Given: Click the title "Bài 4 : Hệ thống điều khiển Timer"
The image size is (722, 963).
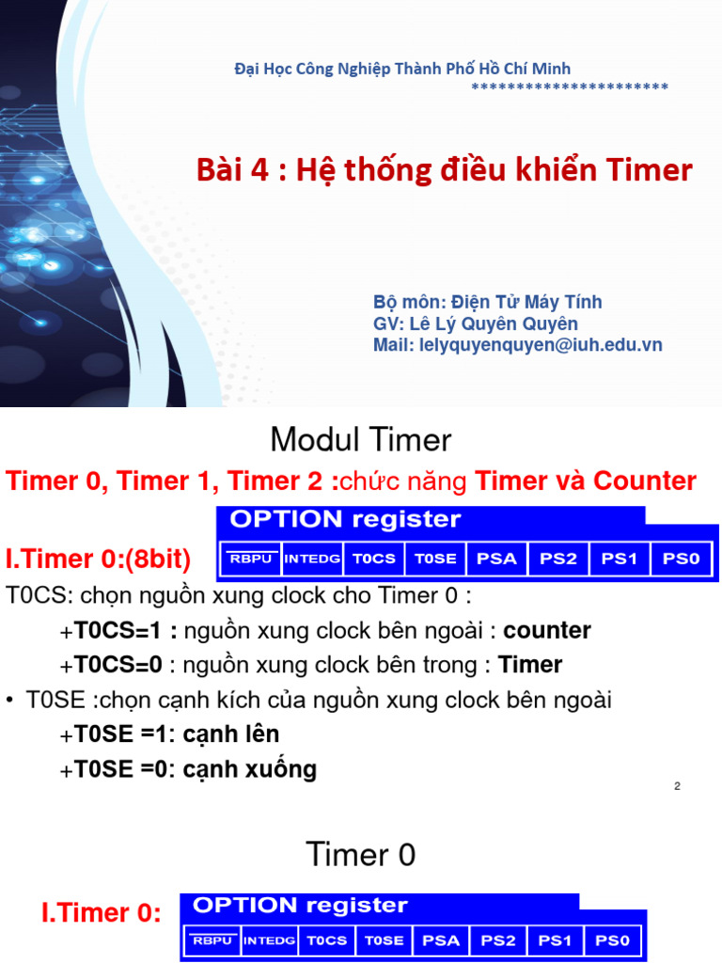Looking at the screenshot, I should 444,170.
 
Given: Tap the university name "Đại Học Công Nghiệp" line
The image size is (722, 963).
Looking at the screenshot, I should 401,69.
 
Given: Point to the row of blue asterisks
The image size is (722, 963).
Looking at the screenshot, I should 569,87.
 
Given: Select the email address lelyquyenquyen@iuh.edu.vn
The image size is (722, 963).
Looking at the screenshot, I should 517,345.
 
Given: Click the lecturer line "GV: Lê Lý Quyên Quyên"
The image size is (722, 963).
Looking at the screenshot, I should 476,324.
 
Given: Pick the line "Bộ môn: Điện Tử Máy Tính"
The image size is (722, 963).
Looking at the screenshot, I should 487,302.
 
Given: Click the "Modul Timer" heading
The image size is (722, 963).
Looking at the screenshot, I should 361,439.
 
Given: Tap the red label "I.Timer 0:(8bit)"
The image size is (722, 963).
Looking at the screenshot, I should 98,560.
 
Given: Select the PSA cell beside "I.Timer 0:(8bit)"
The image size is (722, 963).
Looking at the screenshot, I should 497,559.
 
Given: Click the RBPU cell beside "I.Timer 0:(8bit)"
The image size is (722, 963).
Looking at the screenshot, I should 250,560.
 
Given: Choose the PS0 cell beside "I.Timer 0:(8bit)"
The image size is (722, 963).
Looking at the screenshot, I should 682,559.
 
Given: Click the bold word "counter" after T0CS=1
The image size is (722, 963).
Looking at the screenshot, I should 547,630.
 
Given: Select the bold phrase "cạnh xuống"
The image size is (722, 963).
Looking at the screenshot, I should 249,769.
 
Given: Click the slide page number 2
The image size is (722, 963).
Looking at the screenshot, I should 677,786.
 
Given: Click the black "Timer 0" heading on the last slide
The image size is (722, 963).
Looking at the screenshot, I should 361,855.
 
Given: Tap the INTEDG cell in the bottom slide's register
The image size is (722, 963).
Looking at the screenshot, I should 269,940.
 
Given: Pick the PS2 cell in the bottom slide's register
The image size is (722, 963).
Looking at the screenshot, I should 498,940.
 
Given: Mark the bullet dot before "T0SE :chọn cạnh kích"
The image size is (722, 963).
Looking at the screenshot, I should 9,700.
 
